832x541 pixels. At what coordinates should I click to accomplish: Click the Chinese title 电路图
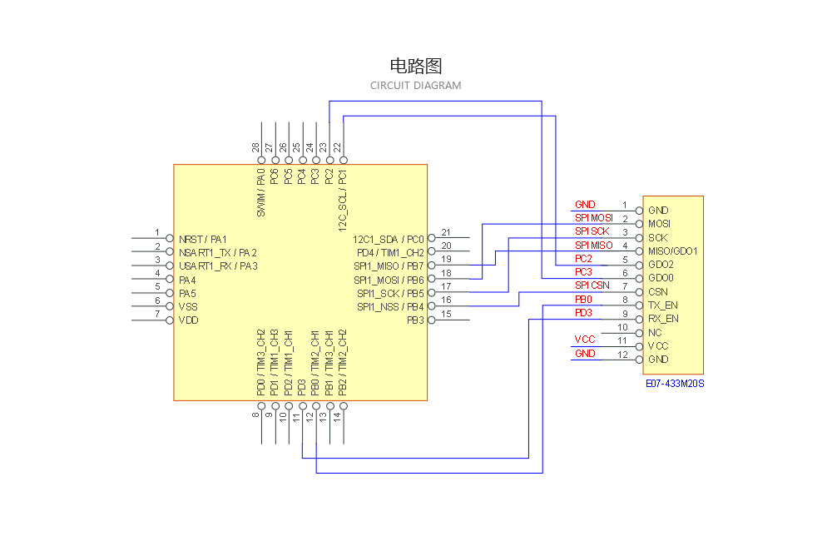point(415,66)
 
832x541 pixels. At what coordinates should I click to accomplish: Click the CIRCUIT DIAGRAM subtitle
point(415,86)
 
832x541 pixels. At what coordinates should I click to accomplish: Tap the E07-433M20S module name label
point(675,384)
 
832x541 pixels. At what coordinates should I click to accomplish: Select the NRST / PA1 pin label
point(202,239)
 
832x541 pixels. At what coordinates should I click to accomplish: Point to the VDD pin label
point(188,320)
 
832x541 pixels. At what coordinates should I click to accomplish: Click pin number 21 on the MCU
point(446,233)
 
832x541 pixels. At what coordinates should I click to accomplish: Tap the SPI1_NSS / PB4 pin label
point(390,307)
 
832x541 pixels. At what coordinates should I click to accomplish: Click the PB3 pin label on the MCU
point(415,320)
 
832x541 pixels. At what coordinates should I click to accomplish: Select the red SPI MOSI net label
point(594,218)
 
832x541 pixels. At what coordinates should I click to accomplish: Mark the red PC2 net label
point(583,259)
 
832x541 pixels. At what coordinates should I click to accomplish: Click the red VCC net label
point(584,340)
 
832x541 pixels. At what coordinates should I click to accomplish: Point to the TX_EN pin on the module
point(663,305)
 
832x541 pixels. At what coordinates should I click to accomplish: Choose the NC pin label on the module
point(655,333)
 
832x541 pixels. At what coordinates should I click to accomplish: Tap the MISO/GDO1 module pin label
point(672,251)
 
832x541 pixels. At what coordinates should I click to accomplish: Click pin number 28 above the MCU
point(256,147)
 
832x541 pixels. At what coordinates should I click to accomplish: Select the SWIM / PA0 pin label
point(261,194)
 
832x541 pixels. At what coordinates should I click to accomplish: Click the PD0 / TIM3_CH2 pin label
point(261,363)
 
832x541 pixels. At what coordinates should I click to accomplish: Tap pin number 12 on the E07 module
point(622,355)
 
